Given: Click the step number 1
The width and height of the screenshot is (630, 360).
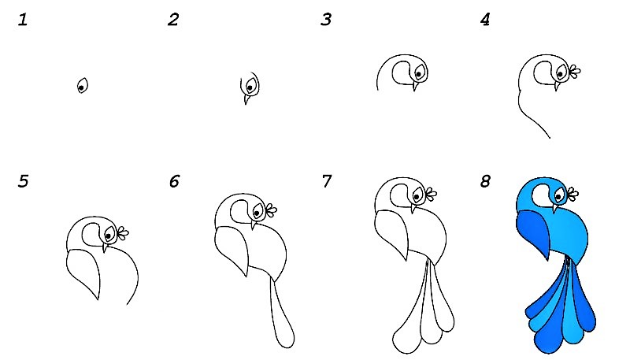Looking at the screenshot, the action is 23,20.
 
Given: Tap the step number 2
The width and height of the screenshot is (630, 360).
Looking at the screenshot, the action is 173,20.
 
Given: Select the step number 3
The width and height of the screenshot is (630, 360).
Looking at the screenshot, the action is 326,20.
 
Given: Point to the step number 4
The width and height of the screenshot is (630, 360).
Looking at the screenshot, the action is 485,20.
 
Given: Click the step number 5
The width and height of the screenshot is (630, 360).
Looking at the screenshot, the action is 24,181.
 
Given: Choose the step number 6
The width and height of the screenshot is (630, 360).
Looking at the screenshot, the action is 174,181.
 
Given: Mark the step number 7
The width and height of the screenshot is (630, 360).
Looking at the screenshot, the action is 327,181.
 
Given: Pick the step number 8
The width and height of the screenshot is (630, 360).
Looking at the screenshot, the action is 485,181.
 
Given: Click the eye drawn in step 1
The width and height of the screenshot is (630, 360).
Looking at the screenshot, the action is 83,86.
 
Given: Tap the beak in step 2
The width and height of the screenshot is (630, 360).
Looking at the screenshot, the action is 246,98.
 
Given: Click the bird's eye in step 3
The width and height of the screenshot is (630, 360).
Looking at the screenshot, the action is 419,72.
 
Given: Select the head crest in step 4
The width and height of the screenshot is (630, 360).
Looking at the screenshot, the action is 575,72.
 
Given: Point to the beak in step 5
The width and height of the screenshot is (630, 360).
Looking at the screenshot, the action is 105,247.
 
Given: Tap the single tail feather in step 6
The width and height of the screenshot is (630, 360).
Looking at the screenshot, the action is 283,314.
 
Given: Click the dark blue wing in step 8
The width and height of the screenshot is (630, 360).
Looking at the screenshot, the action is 533,234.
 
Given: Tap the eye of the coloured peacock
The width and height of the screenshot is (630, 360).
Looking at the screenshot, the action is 559,196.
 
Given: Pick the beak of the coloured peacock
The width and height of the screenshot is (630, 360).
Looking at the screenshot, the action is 555,208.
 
